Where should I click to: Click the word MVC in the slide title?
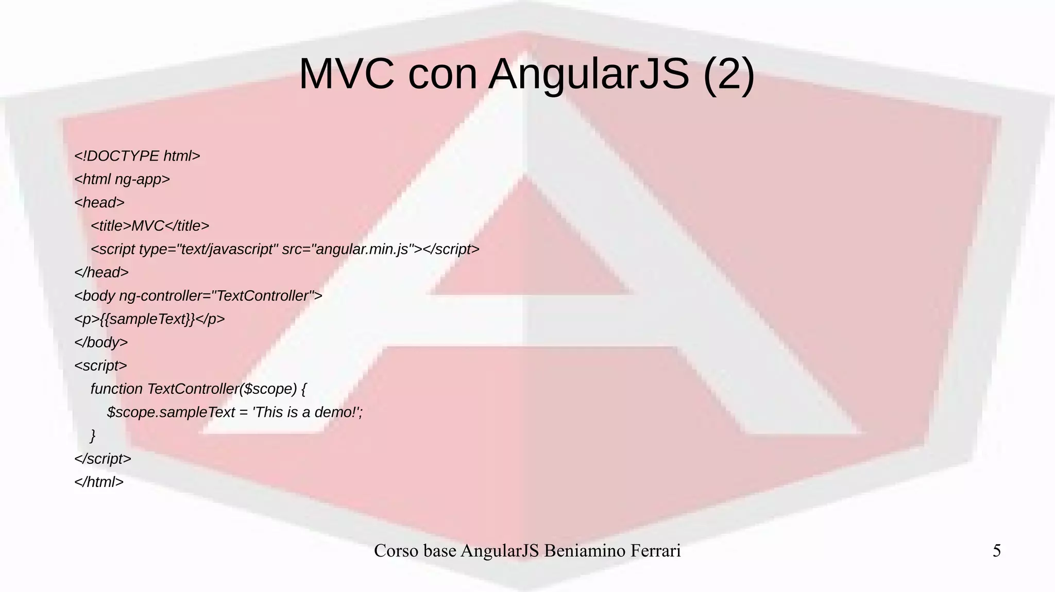346,74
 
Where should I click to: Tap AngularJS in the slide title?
588,74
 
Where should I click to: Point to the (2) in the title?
728,74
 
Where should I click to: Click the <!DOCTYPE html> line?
137,156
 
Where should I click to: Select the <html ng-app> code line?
122,179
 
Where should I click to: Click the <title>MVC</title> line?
150,226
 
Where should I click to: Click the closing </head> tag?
101,272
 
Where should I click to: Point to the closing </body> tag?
101,342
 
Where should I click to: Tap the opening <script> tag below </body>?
100,365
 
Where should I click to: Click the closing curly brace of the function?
93,436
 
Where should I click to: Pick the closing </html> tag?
99,482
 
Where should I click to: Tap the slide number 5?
996,551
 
